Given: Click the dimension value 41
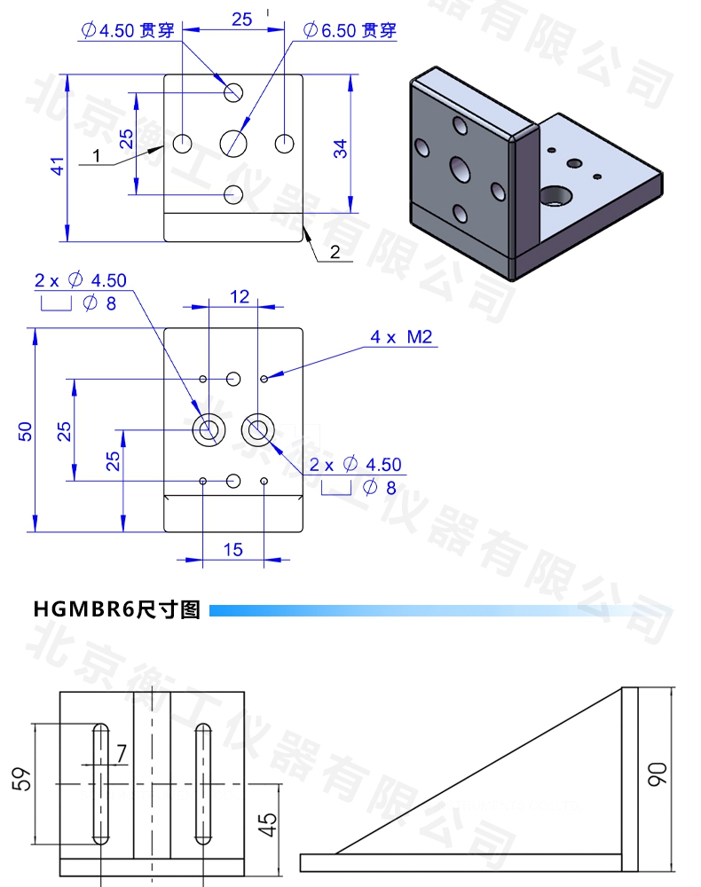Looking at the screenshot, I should pos(57,165).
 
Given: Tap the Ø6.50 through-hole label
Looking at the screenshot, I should pos(349,30).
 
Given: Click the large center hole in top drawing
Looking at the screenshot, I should pos(234,142).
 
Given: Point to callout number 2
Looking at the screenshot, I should pos(335,252).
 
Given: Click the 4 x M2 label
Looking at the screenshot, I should pos(400,337).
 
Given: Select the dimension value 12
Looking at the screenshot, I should pos(240,297).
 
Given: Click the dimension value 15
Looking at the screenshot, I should pos(232,550).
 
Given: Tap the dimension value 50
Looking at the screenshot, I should pos(26,431).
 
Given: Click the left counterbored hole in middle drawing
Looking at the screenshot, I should pos(209,430).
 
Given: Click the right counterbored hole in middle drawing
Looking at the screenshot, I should pos(258,430).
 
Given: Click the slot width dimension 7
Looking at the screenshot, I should pos(121,752).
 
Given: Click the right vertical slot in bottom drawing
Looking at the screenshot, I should pos(203,784).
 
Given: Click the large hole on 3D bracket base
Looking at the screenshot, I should pos(558,194).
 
